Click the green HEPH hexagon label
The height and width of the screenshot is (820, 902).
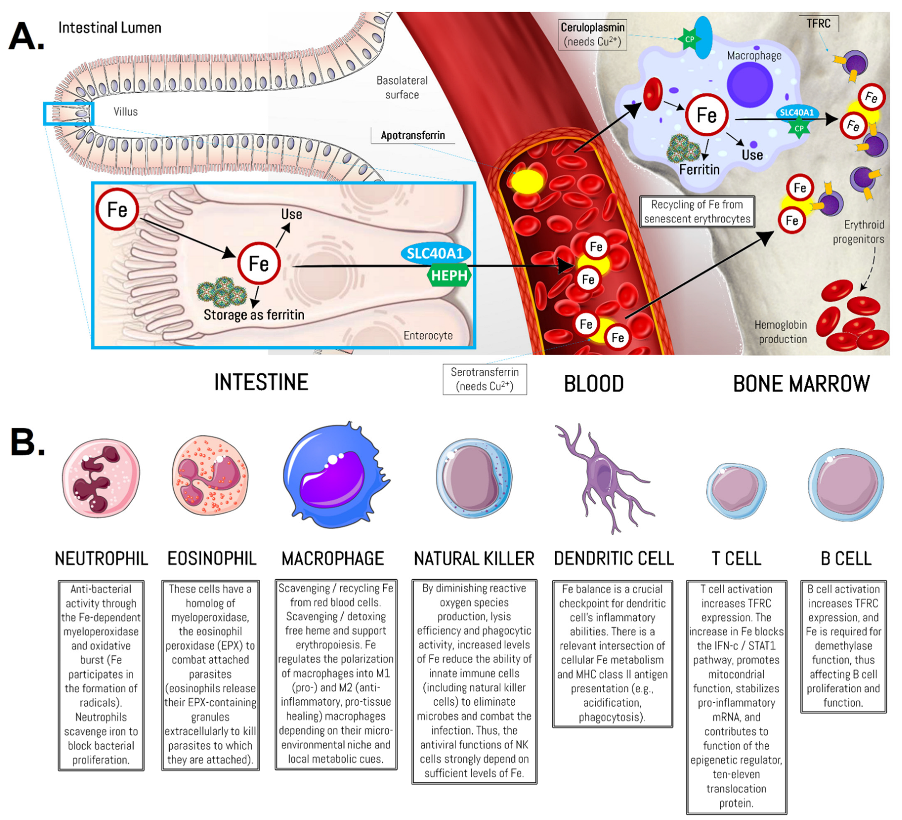coord(449,276)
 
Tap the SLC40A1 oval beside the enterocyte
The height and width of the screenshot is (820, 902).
coord(435,254)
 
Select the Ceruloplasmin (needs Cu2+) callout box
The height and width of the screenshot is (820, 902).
coord(592,34)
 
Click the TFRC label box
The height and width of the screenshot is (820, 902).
coord(818,23)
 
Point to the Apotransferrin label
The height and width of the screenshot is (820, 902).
coord(412,136)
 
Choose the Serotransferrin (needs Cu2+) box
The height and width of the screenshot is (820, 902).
coord(485,379)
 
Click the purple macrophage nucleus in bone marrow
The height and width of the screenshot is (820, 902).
coord(750,85)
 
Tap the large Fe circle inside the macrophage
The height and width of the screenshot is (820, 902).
coord(707,115)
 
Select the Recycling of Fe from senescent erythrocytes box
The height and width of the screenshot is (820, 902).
coord(697,211)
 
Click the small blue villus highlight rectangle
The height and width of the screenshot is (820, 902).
coord(68,114)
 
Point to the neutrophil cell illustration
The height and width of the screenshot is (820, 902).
coord(101,478)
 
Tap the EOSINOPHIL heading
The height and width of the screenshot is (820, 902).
coord(212,558)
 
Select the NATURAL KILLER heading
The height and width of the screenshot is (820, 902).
coord(474,558)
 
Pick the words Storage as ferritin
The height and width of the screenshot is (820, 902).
coord(254,315)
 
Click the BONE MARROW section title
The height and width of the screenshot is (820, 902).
coord(801,383)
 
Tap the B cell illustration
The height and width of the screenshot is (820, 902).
coord(845,485)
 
